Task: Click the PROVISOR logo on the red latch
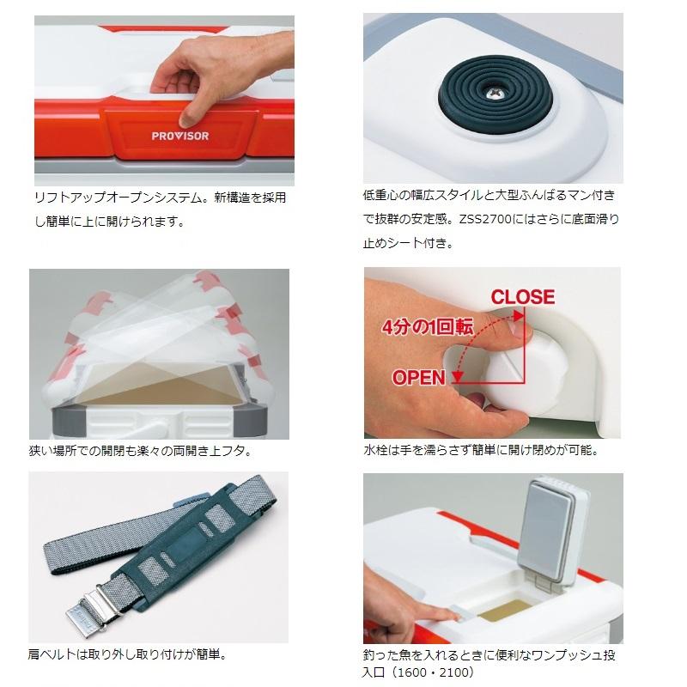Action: (x=180, y=136)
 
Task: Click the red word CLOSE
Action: (x=523, y=296)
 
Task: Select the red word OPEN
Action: (x=419, y=378)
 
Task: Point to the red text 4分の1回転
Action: (x=428, y=327)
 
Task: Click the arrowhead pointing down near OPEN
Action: (x=458, y=376)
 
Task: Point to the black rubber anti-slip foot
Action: (x=495, y=94)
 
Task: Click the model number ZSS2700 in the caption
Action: (x=485, y=219)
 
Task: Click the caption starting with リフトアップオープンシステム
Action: (x=161, y=210)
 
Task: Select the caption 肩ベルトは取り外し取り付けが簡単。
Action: (x=128, y=654)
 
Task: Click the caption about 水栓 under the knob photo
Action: (x=481, y=450)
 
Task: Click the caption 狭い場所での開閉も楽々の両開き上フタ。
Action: (x=141, y=450)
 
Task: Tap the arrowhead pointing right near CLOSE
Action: (x=520, y=315)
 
